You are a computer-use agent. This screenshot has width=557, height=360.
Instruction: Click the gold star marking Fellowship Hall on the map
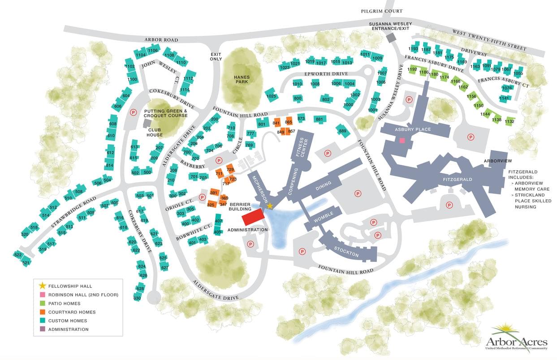pyautogui.click(x=270, y=206)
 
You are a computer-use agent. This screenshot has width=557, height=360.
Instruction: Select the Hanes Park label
pyautogui.click(x=242, y=79)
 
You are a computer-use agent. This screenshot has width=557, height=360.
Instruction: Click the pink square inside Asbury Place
pyautogui.click(x=402, y=141)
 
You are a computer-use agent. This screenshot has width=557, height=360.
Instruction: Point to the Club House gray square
pyautogui.click(x=147, y=122)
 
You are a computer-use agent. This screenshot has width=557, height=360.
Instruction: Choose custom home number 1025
pyautogui.click(x=271, y=96)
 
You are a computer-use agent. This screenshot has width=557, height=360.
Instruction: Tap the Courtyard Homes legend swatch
pyautogui.click(x=43, y=312)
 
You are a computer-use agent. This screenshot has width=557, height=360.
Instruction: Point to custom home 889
pyautogui.click(x=343, y=131)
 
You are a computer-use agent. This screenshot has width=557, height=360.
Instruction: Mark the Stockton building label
pyautogui.click(x=346, y=252)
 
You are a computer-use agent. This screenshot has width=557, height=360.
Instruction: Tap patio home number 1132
pyautogui.click(x=509, y=121)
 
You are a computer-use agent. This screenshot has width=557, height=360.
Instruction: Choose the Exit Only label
pyautogui.click(x=216, y=56)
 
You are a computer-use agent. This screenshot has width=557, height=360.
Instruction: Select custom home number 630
pyautogui.click(x=137, y=298)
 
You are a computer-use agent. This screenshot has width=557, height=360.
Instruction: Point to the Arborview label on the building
pyautogui.click(x=497, y=161)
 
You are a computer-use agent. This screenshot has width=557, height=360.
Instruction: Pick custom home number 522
pyautogui.click(x=18, y=255)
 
